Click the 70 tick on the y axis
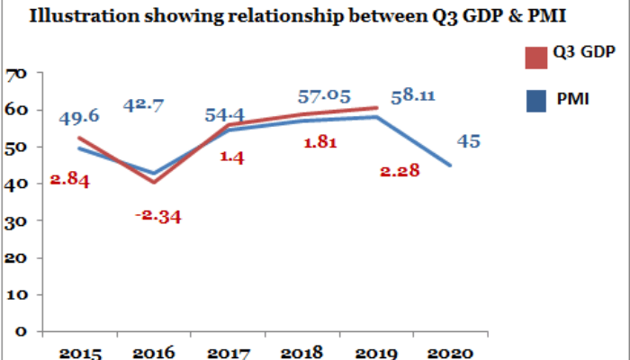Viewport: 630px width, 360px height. pos(16,74)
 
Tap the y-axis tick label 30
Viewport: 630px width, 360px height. pos(16,221)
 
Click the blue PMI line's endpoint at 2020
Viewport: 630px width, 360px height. pos(451,166)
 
